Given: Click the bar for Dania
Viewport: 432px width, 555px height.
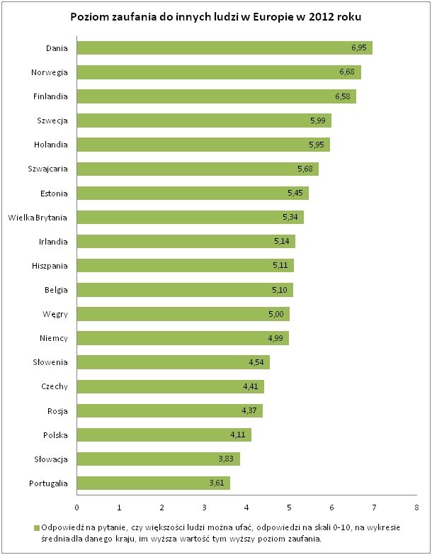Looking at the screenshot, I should [x=224, y=48].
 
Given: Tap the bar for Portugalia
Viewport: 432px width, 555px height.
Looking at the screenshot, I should [x=153, y=483].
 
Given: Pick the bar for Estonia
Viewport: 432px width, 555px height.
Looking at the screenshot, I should [x=192, y=194].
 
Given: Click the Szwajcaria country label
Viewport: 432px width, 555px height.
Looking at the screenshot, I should [x=46, y=169].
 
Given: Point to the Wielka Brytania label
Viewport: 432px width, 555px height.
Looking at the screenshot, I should [x=38, y=218].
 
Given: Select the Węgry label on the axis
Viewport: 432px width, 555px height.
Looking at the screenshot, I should [x=54, y=314].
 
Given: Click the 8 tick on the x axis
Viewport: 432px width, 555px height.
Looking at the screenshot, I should [x=416, y=508].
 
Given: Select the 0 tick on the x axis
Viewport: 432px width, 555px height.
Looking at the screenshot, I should [x=76, y=508].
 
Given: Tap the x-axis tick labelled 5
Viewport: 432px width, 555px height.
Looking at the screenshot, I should [x=289, y=508].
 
